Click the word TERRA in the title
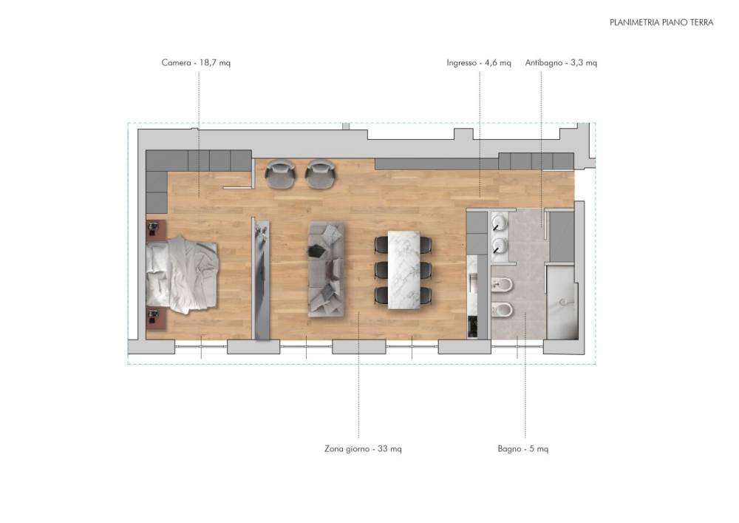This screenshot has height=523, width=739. pyautogui.click(x=702, y=22)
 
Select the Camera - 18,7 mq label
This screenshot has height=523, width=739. pyautogui.click(x=196, y=62)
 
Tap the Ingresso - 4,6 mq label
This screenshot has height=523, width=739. pyautogui.click(x=479, y=62)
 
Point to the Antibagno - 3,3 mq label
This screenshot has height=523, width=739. pyautogui.click(x=561, y=62)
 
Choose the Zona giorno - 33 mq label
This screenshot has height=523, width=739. pyautogui.click(x=363, y=448)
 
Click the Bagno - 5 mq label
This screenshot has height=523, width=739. pyautogui.click(x=523, y=448)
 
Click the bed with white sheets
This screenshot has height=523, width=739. pyautogui.click(x=182, y=274)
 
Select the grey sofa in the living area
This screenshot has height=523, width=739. pyautogui.click(x=326, y=269)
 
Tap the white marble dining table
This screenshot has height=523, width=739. pyautogui.click(x=404, y=270)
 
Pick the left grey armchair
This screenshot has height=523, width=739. pyautogui.click(x=280, y=174)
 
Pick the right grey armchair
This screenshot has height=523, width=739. pyautogui.click(x=321, y=174)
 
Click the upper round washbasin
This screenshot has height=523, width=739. pyautogui.click(x=500, y=223)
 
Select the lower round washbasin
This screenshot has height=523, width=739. pyautogui.click(x=500, y=246)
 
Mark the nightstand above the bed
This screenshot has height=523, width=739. pyautogui.click(x=155, y=229)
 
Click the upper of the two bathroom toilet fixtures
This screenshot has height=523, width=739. pyautogui.click(x=503, y=284)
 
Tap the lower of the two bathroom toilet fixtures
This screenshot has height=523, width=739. pyautogui.click(x=503, y=310)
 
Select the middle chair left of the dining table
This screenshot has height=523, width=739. pyautogui.click(x=381, y=270)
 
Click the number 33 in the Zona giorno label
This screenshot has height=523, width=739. pyautogui.click(x=383, y=448)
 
